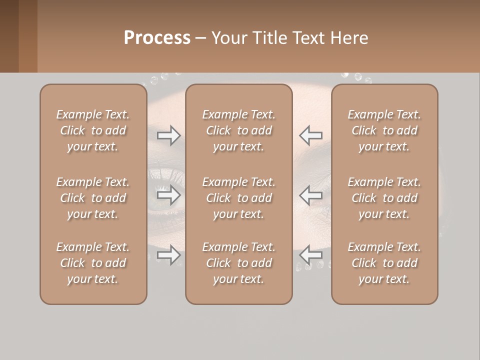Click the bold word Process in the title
click(x=157, y=38)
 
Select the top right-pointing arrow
click(x=168, y=135)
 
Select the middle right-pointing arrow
click(x=168, y=195)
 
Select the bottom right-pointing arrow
click(x=168, y=255)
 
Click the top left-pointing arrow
click(x=310, y=135)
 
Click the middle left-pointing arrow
click(x=310, y=195)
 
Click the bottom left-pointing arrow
click(x=310, y=255)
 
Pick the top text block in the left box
click(x=93, y=130)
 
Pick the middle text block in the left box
click(x=93, y=198)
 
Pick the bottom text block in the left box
click(x=93, y=263)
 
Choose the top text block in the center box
click(x=239, y=130)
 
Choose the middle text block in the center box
click(x=239, y=198)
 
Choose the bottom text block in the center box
click(x=239, y=263)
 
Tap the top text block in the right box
click(x=384, y=130)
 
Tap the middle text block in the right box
click(x=384, y=198)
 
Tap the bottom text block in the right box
click(x=384, y=263)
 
